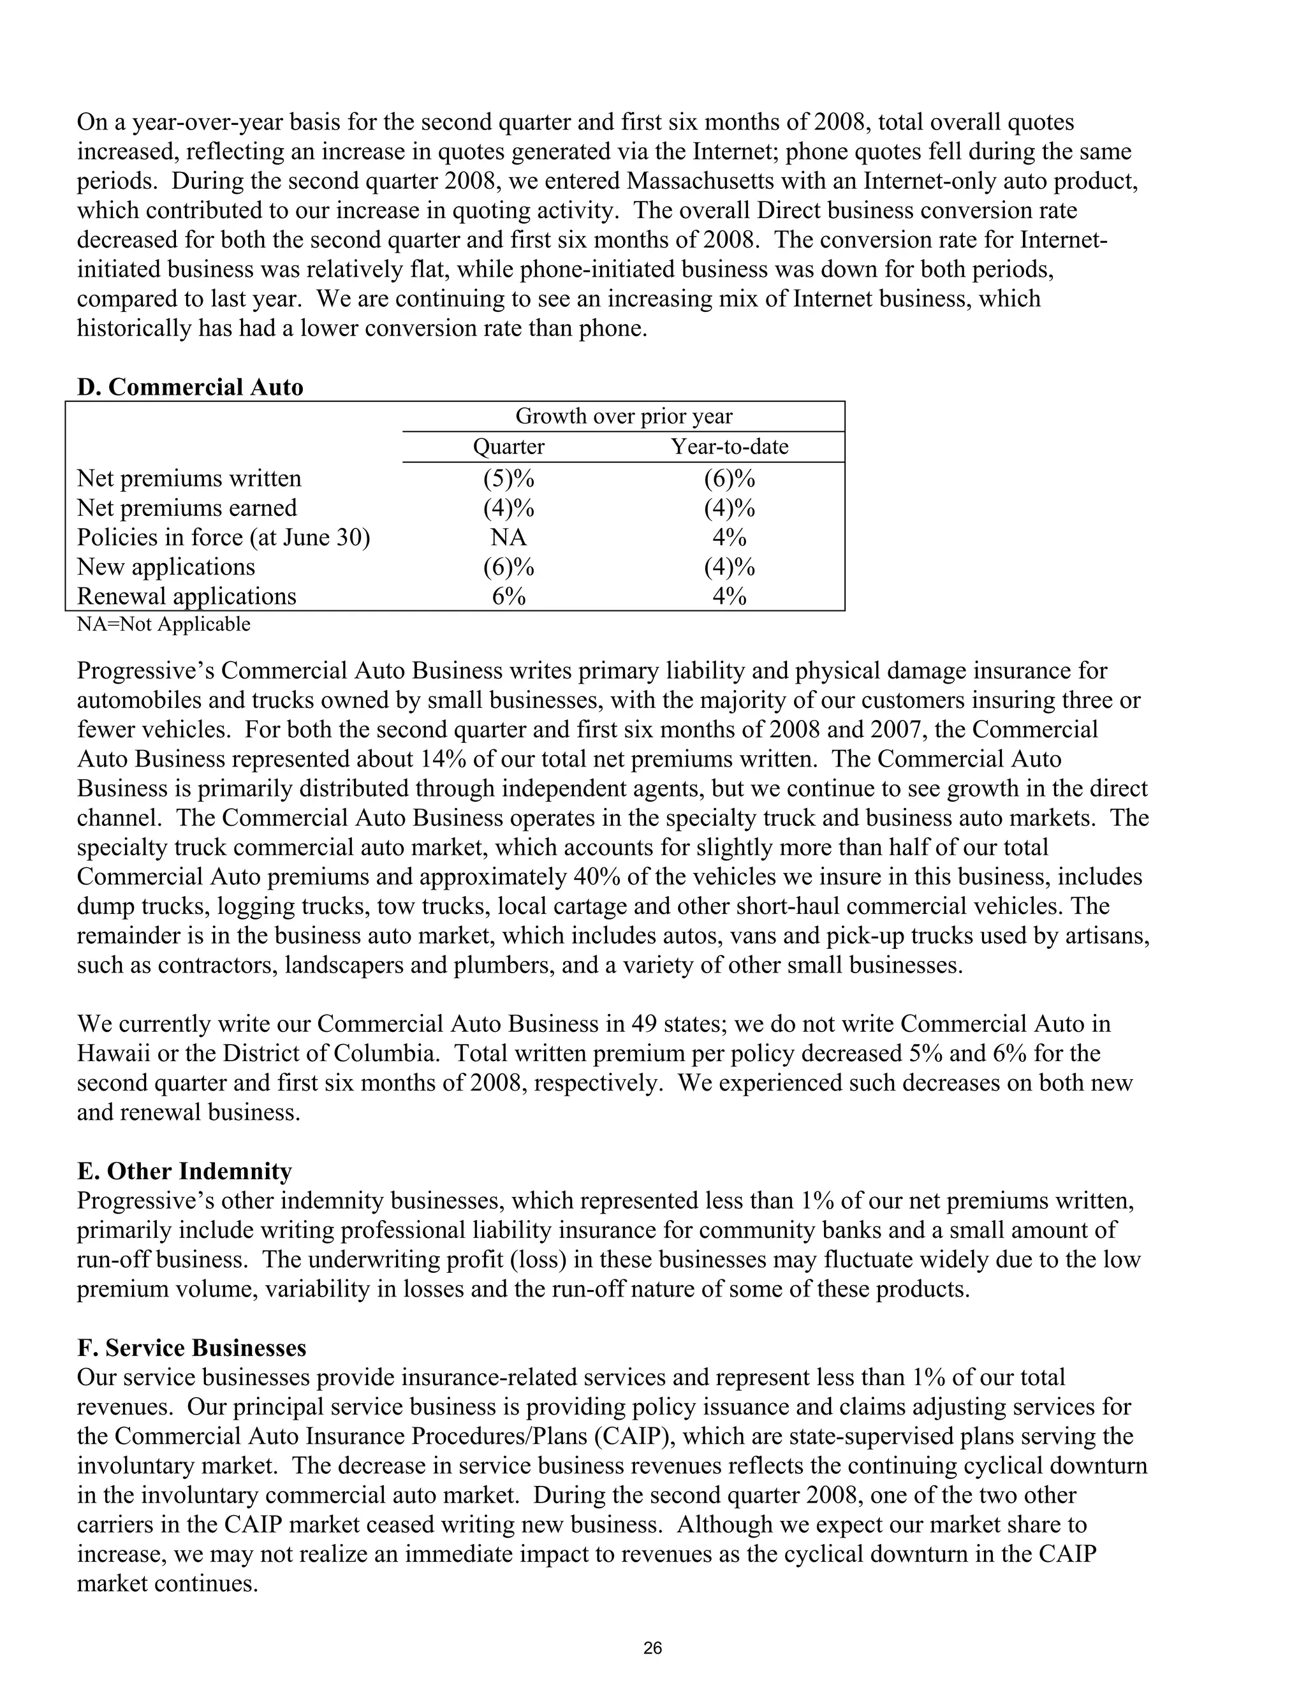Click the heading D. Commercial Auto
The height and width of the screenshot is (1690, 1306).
pyautogui.click(x=189, y=387)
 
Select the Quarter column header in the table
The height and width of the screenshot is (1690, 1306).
pyautogui.click(x=508, y=446)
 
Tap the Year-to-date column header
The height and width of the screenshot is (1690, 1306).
pyautogui.click(x=729, y=446)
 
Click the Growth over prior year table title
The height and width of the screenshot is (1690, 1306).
pyautogui.click(x=624, y=416)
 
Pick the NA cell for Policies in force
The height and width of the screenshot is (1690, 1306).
pyautogui.click(x=508, y=537)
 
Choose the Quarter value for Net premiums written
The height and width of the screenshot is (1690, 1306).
pyautogui.click(x=508, y=478)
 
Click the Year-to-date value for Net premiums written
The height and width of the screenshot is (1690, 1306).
pyautogui.click(x=729, y=478)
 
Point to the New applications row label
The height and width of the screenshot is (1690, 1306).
pyautogui.click(x=166, y=566)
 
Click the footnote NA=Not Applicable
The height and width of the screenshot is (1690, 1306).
pyautogui.click(x=163, y=624)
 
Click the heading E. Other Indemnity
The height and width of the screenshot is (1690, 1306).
pyautogui.click(x=184, y=1171)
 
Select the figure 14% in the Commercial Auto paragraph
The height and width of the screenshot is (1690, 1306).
pyautogui.click(x=443, y=759)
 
